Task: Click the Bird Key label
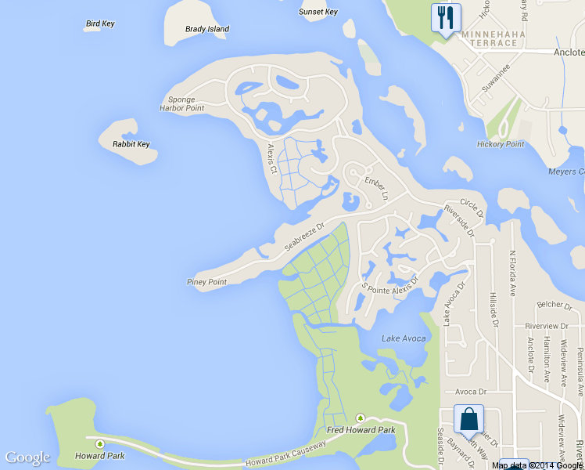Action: pos(99,23)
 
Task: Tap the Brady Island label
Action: pos(207,29)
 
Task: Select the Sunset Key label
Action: pos(318,12)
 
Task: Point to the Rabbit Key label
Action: pos(131,144)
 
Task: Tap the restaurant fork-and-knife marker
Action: pos(446,18)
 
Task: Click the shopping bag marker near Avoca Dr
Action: pos(468,420)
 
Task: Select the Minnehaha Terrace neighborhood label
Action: pos(490,38)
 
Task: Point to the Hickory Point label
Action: pos(501,144)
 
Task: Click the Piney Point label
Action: pos(206,282)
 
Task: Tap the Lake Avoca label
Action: pos(404,338)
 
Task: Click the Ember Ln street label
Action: pos(376,188)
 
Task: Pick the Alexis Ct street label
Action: pos(272,158)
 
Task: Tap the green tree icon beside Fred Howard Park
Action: pos(361,418)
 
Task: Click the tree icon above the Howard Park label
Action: pos(99,444)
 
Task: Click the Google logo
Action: pos(27,457)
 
